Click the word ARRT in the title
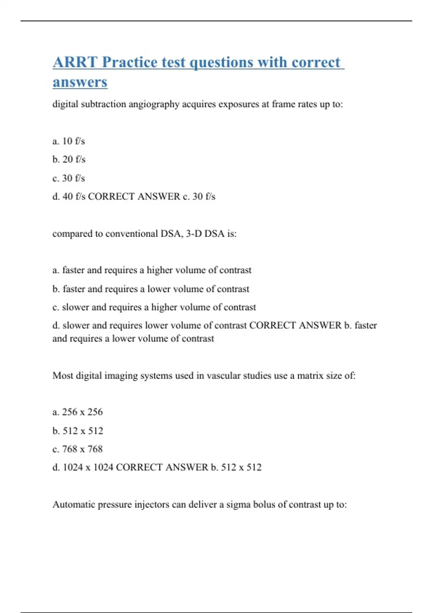(x=75, y=62)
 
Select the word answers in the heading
(x=80, y=82)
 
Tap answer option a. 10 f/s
(x=69, y=141)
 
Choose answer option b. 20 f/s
(x=69, y=159)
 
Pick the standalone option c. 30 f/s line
(x=69, y=178)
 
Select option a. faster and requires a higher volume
(x=152, y=270)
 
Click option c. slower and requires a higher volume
(x=154, y=307)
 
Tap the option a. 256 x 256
(x=78, y=412)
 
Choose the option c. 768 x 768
(x=78, y=449)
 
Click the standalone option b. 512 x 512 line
(x=78, y=431)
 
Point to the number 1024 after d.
(x=73, y=467)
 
